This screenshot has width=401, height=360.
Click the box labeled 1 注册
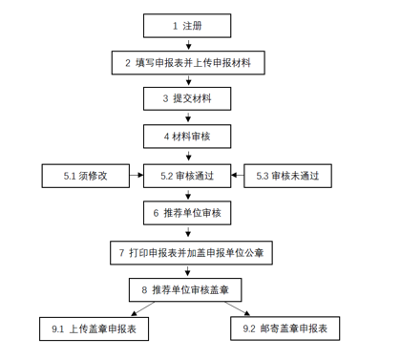click(186, 25)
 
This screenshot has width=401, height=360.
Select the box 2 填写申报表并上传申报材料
click(186, 63)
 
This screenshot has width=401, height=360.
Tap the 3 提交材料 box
click(186, 99)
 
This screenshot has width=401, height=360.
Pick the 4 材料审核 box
click(186, 138)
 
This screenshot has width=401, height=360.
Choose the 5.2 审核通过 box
click(186, 176)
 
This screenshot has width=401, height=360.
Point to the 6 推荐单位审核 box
click(186, 213)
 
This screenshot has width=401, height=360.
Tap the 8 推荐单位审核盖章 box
click(186, 289)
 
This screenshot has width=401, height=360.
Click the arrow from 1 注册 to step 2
click(186, 44)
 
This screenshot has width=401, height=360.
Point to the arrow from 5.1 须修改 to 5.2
click(136, 176)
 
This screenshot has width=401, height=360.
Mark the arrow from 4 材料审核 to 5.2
click(186, 157)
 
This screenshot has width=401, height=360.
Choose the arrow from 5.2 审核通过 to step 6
click(186, 195)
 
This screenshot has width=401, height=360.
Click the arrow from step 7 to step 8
click(186, 271)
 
